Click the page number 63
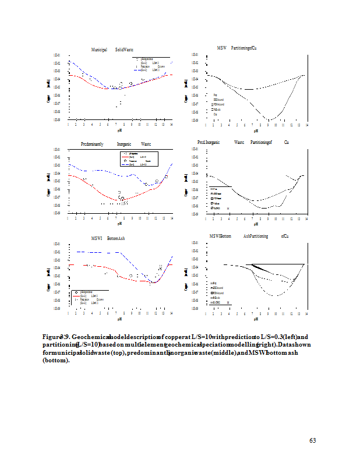tap(312, 440)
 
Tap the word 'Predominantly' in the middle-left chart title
tap(96, 143)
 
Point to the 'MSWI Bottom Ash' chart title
tap(104, 239)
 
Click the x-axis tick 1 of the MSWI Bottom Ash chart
tap(68, 313)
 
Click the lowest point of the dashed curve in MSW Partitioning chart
tap(269, 119)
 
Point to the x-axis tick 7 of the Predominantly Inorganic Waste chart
tap(116, 218)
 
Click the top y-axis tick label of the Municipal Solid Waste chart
tap(56, 55)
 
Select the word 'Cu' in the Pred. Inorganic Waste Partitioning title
tap(287, 142)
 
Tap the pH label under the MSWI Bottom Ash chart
tap(119, 319)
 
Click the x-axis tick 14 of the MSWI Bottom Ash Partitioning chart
tap(307, 313)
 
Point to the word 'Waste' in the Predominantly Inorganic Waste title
tap(146, 143)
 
